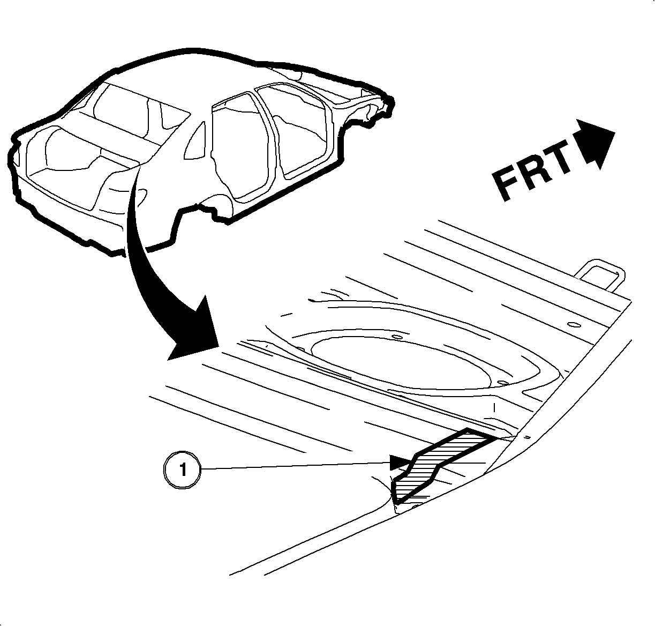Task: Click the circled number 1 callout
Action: click(182, 469)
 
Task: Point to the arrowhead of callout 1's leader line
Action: click(401, 463)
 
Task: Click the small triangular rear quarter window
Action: click(195, 141)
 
